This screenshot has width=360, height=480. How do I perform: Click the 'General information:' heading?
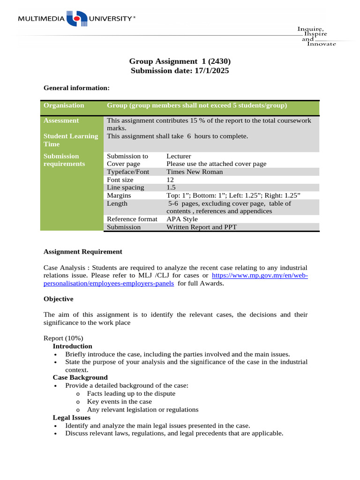(x=76, y=88)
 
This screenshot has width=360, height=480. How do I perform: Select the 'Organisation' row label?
(x=64, y=105)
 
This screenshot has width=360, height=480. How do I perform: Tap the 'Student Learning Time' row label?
(x=70, y=140)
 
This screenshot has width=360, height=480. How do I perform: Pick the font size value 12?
(x=170, y=180)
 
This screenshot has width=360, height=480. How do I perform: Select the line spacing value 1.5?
(x=171, y=187)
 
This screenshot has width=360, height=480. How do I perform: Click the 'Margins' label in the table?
(x=119, y=195)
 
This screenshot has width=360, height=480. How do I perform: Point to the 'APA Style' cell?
(x=182, y=219)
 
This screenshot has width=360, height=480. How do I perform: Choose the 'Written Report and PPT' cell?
(x=202, y=227)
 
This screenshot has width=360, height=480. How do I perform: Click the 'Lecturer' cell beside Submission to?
(x=179, y=156)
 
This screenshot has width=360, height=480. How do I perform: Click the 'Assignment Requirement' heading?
(x=82, y=252)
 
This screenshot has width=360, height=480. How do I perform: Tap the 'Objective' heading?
(x=58, y=299)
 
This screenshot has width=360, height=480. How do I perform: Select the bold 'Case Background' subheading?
(x=80, y=377)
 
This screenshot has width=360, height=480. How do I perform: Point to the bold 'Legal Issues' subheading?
(x=72, y=417)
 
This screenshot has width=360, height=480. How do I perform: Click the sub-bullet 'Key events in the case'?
(x=120, y=401)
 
